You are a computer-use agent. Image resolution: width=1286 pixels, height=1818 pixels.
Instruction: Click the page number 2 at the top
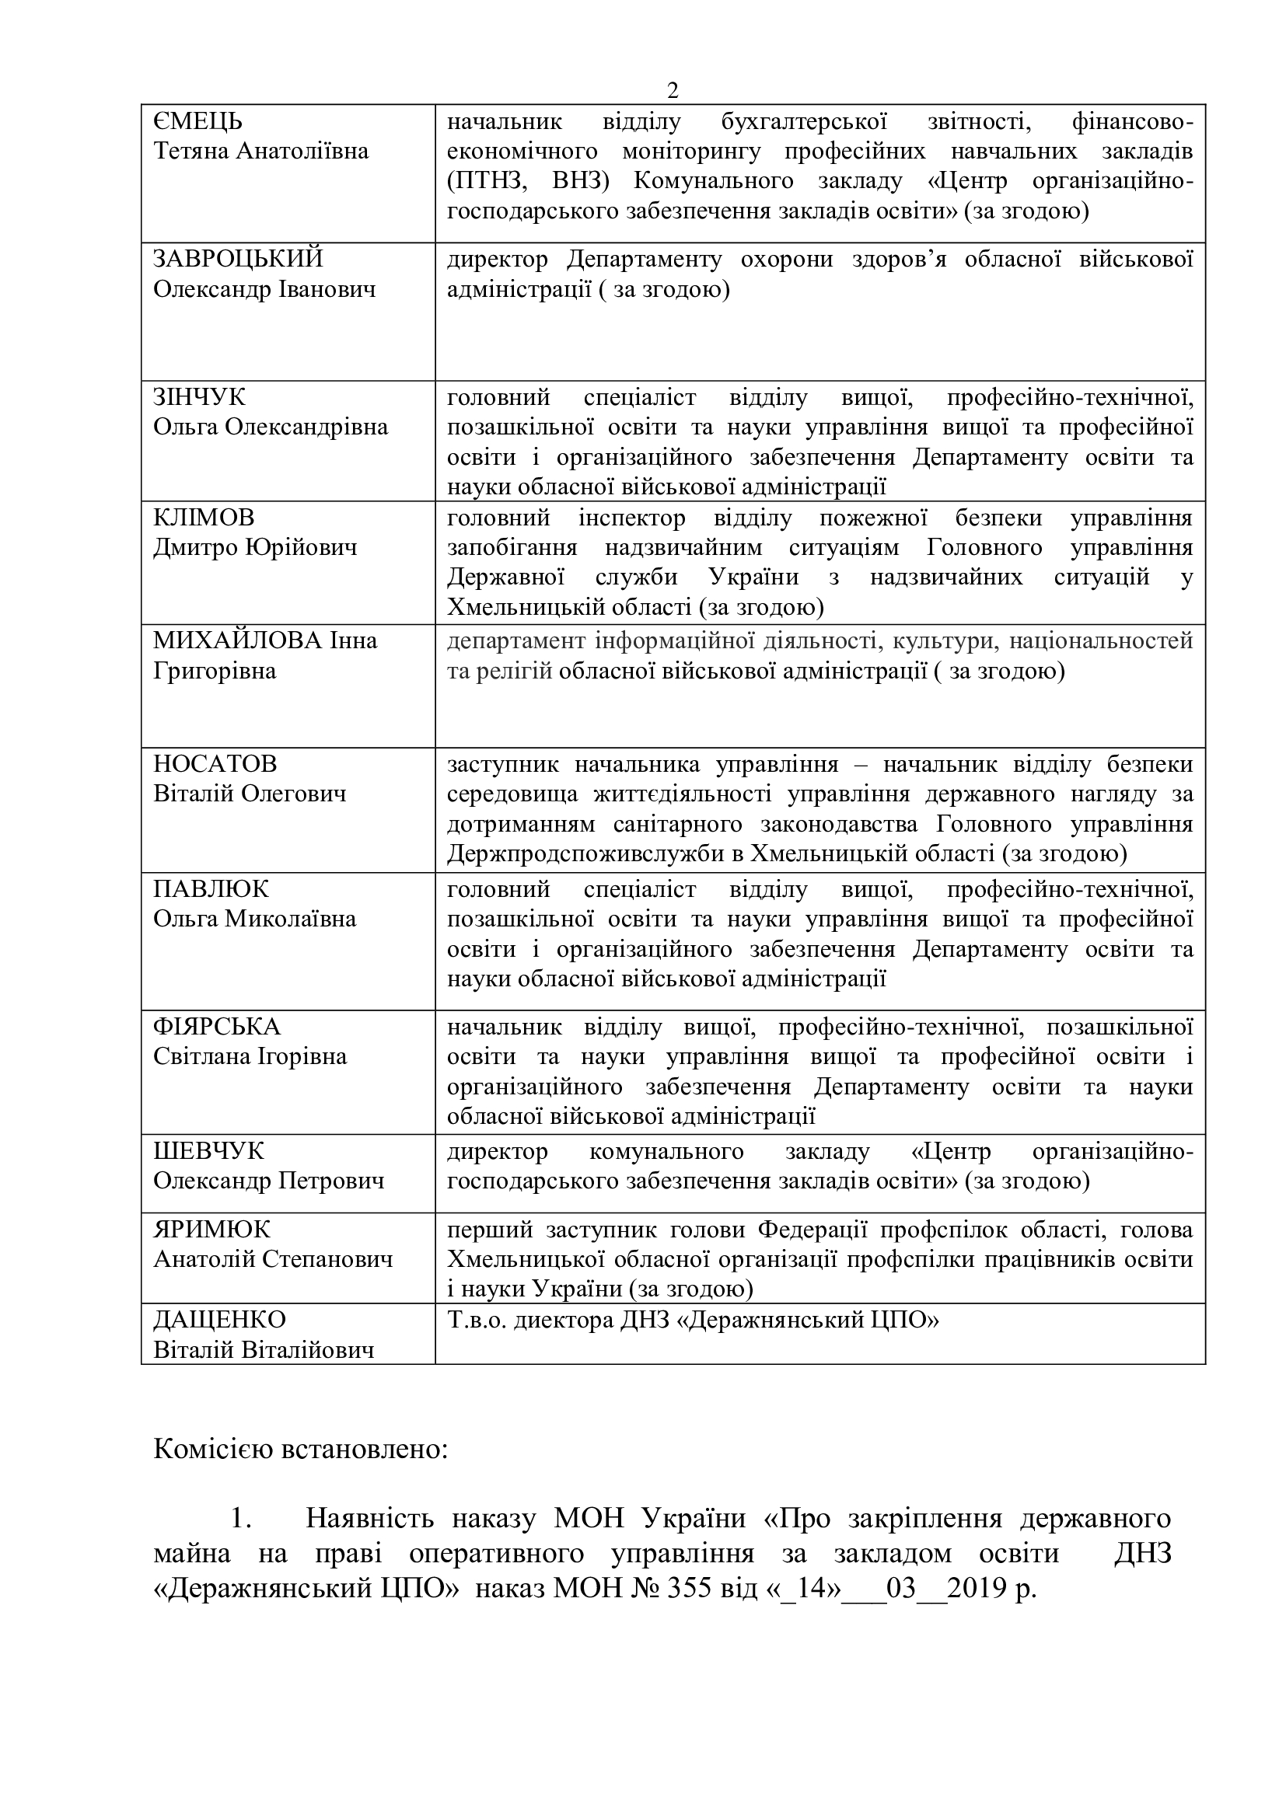[673, 91]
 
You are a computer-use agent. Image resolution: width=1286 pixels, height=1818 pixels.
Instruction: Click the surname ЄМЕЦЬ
[198, 121]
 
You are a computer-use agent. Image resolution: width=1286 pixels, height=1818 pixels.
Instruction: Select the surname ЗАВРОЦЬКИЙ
[239, 259]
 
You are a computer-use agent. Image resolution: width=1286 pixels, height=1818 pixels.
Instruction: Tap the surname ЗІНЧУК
[200, 396]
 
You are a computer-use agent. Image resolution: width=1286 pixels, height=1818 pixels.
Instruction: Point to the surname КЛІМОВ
[204, 518]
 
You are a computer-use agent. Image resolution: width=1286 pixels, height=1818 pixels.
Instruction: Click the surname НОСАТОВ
[215, 764]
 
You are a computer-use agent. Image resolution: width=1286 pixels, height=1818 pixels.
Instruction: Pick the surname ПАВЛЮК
[211, 889]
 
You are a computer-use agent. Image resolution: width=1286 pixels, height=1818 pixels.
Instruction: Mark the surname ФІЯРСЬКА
[217, 1027]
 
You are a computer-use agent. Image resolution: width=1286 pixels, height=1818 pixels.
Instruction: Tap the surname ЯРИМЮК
[211, 1230]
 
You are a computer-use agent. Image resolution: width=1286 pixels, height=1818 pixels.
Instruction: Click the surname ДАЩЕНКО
[219, 1320]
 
